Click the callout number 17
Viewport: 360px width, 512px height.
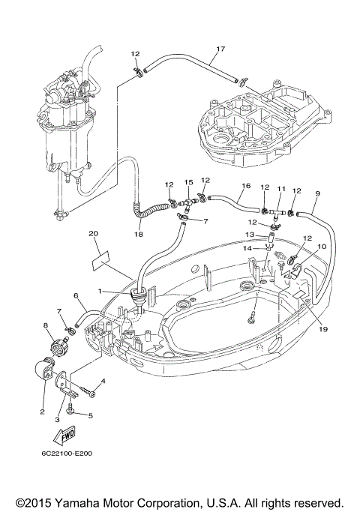coord(220,49)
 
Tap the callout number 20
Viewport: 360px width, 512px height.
coord(93,234)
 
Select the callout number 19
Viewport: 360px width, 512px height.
coord(322,329)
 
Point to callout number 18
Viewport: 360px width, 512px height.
coord(139,234)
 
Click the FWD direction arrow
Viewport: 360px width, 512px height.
coord(65,435)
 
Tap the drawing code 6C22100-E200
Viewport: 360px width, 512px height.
coord(67,454)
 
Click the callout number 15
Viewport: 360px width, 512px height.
coord(189,182)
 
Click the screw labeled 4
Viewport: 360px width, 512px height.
coord(87,391)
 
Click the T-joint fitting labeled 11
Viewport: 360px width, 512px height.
coord(276,213)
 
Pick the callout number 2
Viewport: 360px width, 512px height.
coord(42,412)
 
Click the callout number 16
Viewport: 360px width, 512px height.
coord(246,186)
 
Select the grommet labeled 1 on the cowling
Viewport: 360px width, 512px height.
coord(139,295)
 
